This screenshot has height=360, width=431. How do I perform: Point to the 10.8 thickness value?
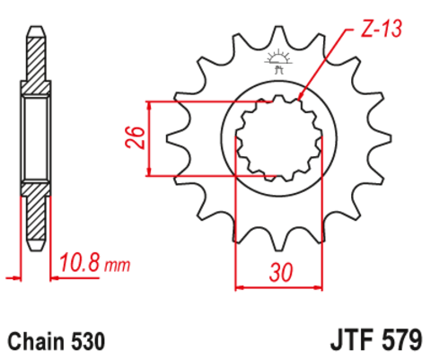(x=80, y=264)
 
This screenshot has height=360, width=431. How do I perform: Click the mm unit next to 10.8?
(x=117, y=266)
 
